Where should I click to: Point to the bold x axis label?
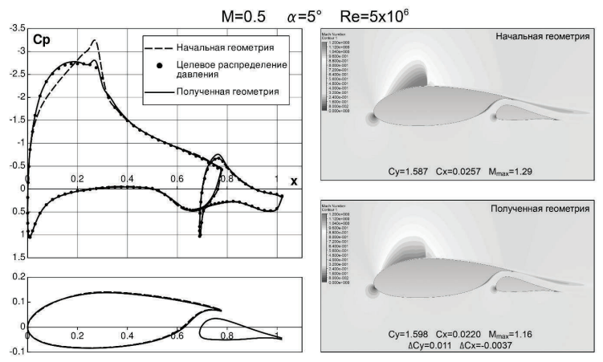pyautogui.click(x=294, y=181)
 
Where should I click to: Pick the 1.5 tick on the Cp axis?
pyautogui.click(x=16, y=258)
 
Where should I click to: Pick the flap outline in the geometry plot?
pyautogui.click(x=241, y=329)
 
